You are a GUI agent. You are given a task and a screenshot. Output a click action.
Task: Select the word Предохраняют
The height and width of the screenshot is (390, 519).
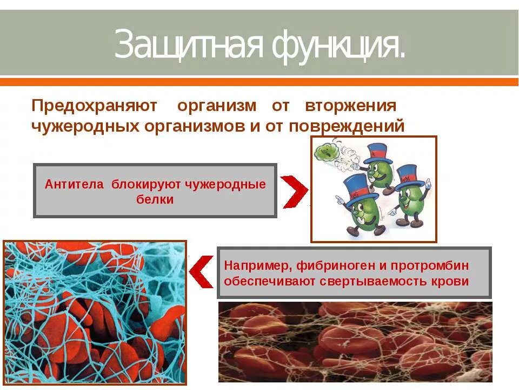tap(94, 105)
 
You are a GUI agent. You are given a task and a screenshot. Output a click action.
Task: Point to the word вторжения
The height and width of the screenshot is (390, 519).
tap(351, 105)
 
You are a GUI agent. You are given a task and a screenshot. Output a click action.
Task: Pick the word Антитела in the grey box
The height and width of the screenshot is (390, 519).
tap(74, 184)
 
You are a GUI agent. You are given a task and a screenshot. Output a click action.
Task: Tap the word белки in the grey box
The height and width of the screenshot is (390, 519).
tap(155, 199)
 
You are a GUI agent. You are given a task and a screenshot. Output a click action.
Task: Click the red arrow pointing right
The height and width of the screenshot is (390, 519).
tap(294, 191)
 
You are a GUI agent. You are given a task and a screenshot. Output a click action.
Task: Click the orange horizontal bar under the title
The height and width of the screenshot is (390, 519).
tap(259, 82)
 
